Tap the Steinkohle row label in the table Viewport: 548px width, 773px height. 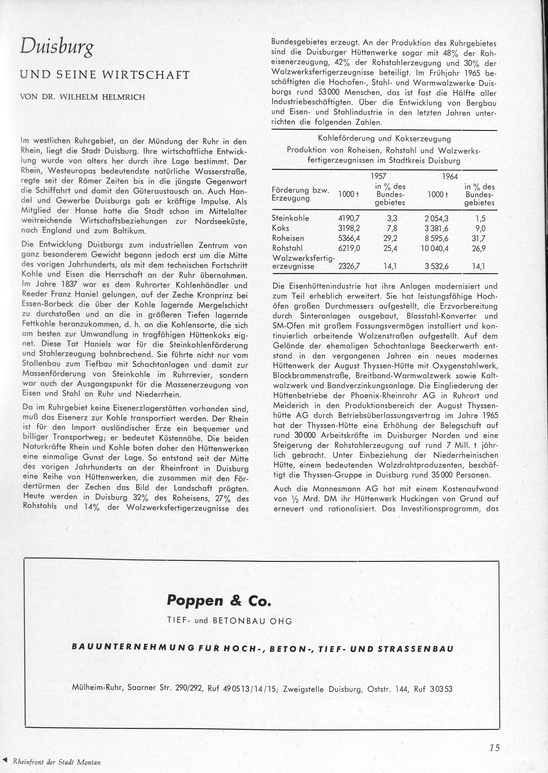click(290, 218)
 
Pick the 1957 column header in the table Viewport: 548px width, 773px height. click(378, 176)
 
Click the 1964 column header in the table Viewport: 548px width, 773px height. click(449, 176)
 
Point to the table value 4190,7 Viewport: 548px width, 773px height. click(349, 219)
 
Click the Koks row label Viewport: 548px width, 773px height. click(280, 228)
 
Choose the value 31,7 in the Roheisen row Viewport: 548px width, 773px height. click(478, 239)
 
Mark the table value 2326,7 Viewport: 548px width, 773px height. click(349, 267)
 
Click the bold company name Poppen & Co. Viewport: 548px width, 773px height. click(219, 601)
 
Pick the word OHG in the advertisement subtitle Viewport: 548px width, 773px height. click(281, 621)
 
